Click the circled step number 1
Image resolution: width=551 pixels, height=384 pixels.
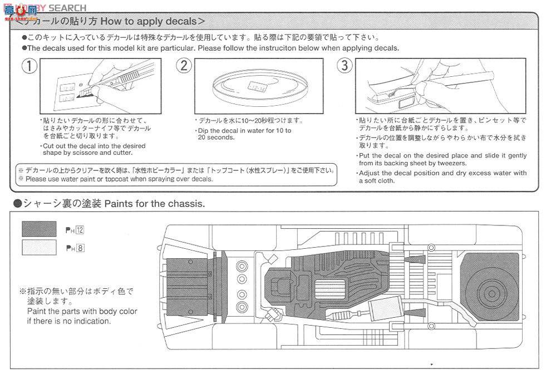coord(29,66)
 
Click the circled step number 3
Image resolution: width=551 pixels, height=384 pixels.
coord(345,66)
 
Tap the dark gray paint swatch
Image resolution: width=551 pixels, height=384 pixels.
coord(39,229)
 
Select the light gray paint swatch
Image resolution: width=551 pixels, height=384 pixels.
coord(39,248)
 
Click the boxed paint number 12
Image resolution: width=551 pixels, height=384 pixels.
coord(81,230)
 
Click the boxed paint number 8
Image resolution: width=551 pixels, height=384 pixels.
coord(81,249)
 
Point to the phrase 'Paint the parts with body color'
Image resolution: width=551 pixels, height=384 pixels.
coord(82,311)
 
